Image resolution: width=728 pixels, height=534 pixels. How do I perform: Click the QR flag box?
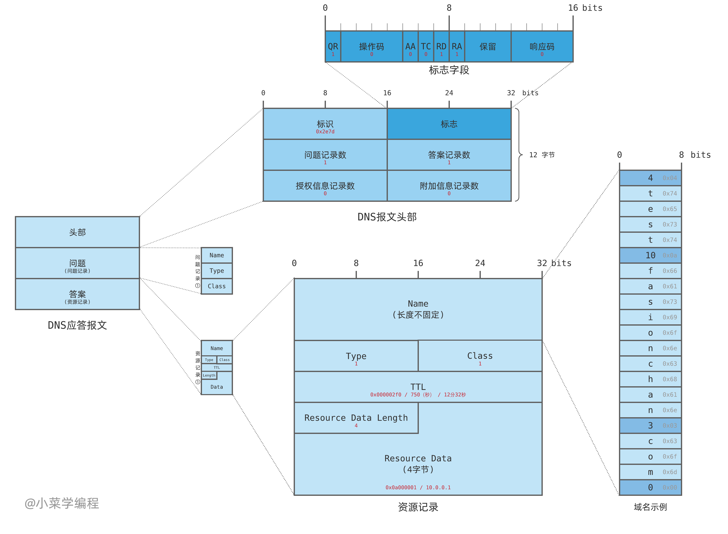coord(333,47)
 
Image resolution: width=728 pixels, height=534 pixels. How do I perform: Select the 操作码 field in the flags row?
coord(372,47)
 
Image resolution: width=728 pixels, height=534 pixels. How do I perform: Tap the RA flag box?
coord(457,47)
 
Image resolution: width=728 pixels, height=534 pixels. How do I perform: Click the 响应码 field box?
coord(542,47)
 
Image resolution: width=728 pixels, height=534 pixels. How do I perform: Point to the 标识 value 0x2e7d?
coord(325,132)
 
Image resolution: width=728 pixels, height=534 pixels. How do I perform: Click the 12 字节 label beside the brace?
coord(542,155)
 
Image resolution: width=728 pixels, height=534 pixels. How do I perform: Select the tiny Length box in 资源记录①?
coord(209,375)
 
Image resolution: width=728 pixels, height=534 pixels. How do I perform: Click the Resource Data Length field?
coord(356,418)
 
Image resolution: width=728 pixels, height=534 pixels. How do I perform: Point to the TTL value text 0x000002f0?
coord(385,395)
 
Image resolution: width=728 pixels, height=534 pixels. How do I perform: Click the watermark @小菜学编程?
coord(62,503)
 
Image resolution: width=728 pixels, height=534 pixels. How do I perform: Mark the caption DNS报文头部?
coord(387,217)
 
